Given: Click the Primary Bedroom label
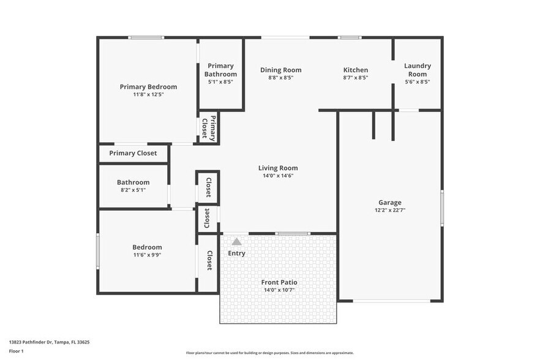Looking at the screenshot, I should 148,87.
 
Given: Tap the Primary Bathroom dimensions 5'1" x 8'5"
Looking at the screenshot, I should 220,81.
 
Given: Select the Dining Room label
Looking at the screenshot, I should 280,70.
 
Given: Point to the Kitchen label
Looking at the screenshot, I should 355,70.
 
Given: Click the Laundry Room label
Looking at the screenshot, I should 418,70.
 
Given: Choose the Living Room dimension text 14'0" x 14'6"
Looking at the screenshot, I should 278,176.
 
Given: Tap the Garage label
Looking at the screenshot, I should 389,202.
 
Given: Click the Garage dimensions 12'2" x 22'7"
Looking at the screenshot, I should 389,210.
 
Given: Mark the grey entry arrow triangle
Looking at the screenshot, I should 237,242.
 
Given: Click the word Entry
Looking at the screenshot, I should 237,253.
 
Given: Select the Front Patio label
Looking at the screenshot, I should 279,282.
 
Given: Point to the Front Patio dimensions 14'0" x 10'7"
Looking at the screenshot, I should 279,290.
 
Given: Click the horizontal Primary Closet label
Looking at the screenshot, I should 133,153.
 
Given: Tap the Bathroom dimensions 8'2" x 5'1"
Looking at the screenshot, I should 133,190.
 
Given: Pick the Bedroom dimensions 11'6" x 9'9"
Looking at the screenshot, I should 147,255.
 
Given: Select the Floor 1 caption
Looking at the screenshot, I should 16,351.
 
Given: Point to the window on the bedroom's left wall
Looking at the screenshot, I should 97,250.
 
